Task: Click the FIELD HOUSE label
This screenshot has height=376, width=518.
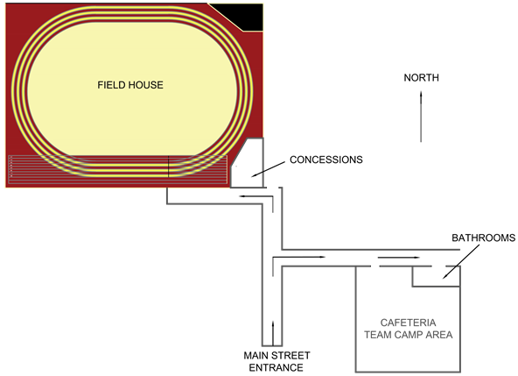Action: [x=130, y=85]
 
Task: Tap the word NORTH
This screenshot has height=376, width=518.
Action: [x=421, y=78]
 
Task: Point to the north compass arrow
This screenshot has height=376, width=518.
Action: [x=421, y=117]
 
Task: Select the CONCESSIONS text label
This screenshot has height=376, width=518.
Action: [x=326, y=160]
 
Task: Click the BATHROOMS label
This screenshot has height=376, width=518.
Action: [x=483, y=238]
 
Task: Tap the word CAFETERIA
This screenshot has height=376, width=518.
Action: [x=408, y=323]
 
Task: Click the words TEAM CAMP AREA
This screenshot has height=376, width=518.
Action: [x=408, y=335]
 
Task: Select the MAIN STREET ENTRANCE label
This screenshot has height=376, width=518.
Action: [x=276, y=361]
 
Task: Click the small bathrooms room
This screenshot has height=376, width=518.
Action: [x=436, y=276]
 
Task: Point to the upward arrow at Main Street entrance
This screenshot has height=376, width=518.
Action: [x=273, y=333]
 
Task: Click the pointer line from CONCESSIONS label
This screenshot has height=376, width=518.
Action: [x=268, y=169]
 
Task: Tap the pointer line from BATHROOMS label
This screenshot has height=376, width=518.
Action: [x=461, y=261]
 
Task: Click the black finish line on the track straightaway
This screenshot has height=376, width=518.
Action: [x=169, y=167]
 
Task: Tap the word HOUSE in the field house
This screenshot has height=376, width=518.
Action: [x=146, y=85]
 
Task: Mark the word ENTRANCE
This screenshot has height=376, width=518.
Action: [x=276, y=367]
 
